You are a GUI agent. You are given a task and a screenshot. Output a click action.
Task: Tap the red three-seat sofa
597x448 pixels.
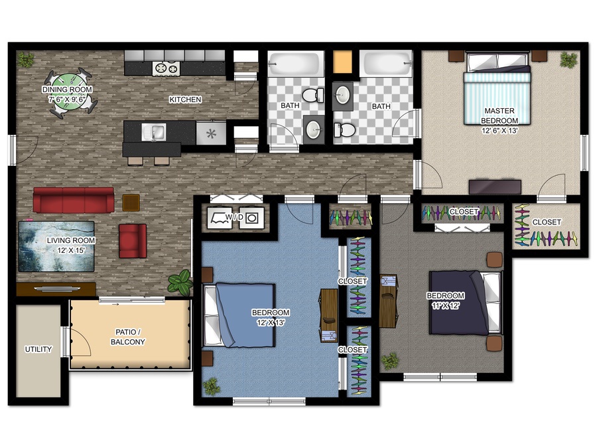pyautogui.click(x=74, y=200)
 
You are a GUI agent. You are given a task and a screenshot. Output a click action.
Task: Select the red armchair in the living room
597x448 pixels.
pyautogui.click(x=133, y=241)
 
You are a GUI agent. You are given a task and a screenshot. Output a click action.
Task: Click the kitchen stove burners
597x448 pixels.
pyautogui.click(x=166, y=68)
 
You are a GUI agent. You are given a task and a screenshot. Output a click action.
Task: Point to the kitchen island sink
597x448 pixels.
pyautogui.click(x=153, y=132)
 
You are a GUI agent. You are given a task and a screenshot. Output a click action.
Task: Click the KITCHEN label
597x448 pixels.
pyautogui.click(x=185, y=100)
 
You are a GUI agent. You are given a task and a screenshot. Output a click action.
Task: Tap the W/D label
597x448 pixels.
pyautogui.click(x=234, y=217)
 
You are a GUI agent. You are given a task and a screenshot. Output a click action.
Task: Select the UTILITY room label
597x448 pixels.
pyautogui.click(x=38, y=349)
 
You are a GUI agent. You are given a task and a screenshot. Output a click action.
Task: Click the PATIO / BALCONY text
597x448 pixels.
pyautogui.click(x=128, y=336)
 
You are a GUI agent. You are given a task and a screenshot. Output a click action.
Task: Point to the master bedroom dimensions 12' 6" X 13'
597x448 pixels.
pyautogui.click(x=499, y=131)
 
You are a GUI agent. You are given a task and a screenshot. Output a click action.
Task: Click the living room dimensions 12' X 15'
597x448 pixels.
pyautogui.click(x=71, y=250)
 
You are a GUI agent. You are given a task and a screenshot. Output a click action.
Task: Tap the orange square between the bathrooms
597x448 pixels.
pyautogui.click(x=342, y=61)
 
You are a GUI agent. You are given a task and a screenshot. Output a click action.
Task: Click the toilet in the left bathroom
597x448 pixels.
pyautogui.click(x=313, y=95)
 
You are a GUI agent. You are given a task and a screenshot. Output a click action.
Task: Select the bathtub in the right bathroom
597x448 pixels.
pyautogui.click(x=385, y=63)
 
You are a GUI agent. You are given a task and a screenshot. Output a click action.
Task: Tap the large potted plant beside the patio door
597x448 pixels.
pyautogui.click(x=180, y=282)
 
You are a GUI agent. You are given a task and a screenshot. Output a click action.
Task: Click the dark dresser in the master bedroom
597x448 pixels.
pyautogui.click(x=495, y=187)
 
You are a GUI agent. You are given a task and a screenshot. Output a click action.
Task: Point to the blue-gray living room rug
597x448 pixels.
pyautogui.click(x=56, y=246)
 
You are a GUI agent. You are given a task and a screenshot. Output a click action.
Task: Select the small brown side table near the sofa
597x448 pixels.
pyautogui.click(x=131, y=202)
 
